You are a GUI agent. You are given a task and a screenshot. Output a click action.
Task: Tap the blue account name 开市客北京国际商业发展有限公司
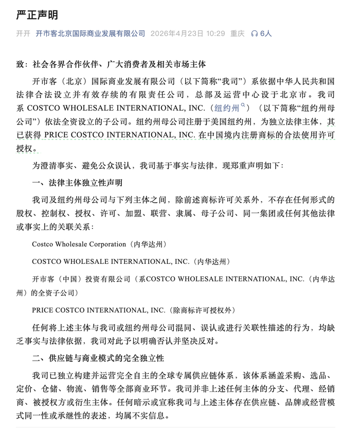[91, 33]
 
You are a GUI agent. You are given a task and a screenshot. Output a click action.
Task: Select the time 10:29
[215, 33]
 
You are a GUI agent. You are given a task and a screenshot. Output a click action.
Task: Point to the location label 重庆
[237, 33]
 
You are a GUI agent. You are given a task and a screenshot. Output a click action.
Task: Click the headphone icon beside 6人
[254, 33]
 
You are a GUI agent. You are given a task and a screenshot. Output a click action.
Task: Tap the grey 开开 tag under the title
[23, 33]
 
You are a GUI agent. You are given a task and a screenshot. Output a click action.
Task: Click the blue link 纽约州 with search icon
[226, 108]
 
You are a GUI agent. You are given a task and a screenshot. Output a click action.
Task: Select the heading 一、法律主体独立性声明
[77, 183]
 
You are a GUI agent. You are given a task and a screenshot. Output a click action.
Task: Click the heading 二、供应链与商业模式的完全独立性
[98, 357]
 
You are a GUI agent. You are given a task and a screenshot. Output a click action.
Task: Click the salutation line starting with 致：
[111, 65]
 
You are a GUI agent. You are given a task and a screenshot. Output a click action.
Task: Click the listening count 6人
[265, 33]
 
